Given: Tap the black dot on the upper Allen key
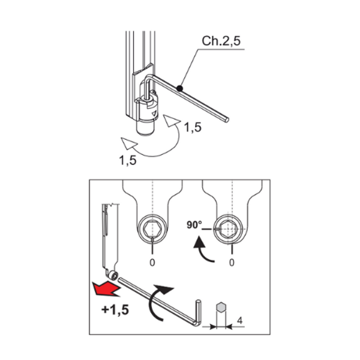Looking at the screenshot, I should pyautogui.click(x=179, y=89).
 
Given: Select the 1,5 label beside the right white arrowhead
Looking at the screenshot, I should pyautogui.click(x=192, y=127).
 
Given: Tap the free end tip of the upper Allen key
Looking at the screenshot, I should pyautogui.click(x=227, y=121).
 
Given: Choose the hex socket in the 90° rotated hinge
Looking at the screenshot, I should pyautogui.click(x=231, y=229).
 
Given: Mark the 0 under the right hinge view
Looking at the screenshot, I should pyautogui.click(x=232, y=263).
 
